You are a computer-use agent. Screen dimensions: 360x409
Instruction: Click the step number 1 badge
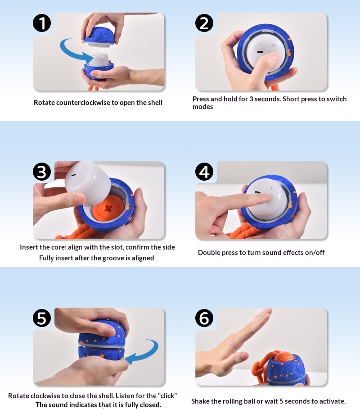pyautogui.click(x=42, y=23)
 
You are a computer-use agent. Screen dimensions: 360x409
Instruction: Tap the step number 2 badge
pyautogui.click(x=204, y=23)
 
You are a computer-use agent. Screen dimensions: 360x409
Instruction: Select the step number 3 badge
pyautogui.click(x=42, y=172)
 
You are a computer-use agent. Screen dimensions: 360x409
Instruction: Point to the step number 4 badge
pyautogui.click(x=204, y=172)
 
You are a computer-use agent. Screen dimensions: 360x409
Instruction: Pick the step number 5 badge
pyautogui.click(x=42, y=318)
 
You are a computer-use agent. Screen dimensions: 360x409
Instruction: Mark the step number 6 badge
pyautogui.click(x=204, y=318)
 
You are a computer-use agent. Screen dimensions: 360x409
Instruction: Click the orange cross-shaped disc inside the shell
pyautogui.click(x=108, y=208)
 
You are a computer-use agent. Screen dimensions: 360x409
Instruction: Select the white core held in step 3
pyautogui.click(x=88, y=182)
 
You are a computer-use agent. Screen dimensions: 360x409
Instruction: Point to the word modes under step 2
pyautogui.click(x=202, y=107)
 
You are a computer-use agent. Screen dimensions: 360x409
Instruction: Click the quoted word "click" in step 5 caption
pyautogui.click(x=167, y=395)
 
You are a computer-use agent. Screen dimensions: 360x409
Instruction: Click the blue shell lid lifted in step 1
pyautogui.click(x=99, y=36)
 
